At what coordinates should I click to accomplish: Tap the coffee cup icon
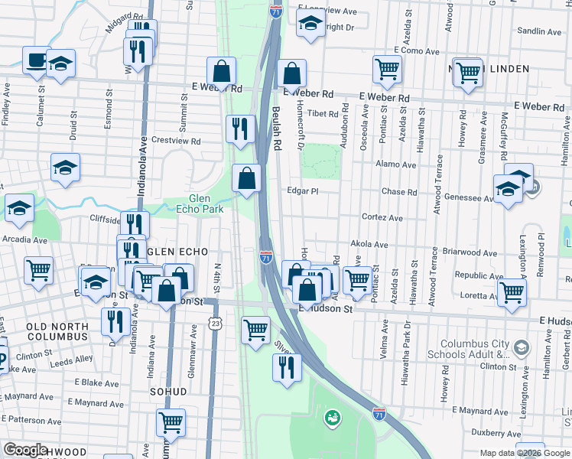35,60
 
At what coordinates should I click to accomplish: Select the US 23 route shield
216,324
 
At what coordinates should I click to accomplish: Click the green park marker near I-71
333,418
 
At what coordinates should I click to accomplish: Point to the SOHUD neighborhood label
170,392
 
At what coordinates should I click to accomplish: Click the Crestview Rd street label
176,142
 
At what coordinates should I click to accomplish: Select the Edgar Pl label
302,191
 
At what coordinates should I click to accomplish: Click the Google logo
26,451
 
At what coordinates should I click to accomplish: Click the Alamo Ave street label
396,164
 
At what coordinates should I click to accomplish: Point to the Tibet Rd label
323,113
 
